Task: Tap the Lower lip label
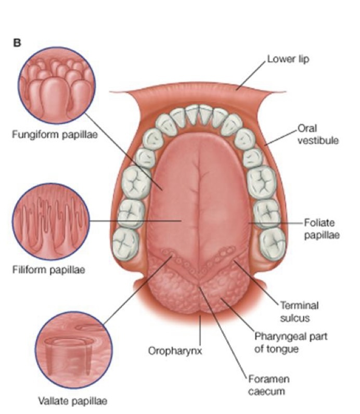(x=288, y=59)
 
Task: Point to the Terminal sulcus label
(x=299, y=310)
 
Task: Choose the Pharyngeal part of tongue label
(x=283, y=342)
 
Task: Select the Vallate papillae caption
(x=73, y=401)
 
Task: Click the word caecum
(x=262, y=391)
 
